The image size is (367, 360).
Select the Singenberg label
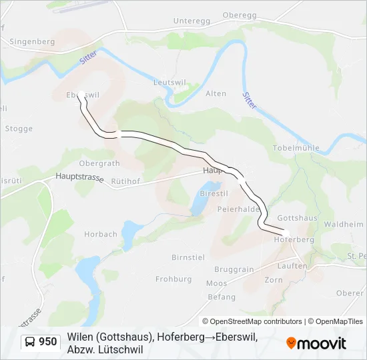(32, 41)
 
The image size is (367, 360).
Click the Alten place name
(216, 94)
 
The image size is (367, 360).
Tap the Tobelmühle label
(296, 148)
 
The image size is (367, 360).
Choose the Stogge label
(19, 129)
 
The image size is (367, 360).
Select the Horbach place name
(101, 235)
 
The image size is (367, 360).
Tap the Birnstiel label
(188, 257)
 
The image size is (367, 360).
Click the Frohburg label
(173, 279)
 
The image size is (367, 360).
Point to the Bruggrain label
(234, 269)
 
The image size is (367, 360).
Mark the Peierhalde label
(238, 209)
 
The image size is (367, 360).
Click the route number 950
(47, 342)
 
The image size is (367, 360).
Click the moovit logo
(316, 343)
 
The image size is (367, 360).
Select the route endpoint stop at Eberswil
(80, 94)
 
